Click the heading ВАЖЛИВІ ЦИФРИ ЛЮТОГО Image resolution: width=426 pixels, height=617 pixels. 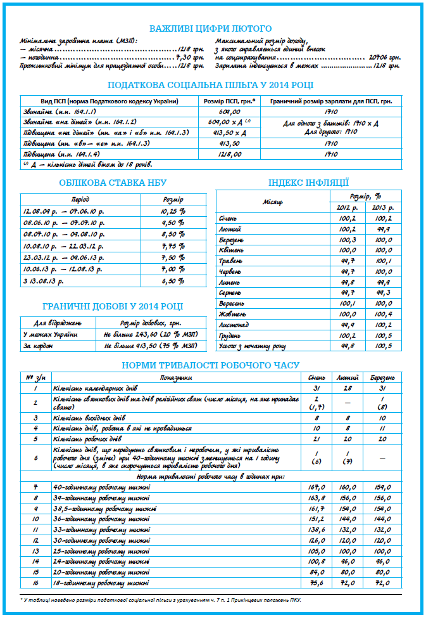tap(210, 29)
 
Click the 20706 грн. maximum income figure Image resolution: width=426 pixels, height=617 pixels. tap(384, 56)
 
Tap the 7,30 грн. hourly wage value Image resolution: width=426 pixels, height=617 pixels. tap(188, 56)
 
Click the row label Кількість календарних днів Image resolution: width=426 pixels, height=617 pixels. tap(96, 387)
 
